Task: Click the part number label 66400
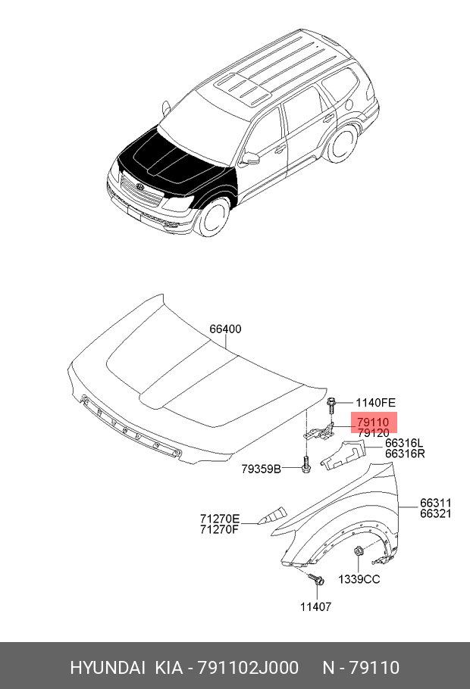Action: click(225, 329)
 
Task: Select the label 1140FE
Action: click(375, 403)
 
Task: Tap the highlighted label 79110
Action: click(373, 422)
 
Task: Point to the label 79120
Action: click(373, 433)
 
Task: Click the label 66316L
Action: click(404, 443)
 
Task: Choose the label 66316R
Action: click(405, 454)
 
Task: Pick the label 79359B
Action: click(261, 469)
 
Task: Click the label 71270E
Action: click(220, 519)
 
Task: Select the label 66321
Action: click(435, 513)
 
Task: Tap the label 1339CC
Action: click(359, 579)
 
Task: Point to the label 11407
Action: click(315, 606)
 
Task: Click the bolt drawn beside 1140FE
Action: click(331, 405)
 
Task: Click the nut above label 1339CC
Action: click(359, 550)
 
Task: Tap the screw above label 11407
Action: click(316, 579)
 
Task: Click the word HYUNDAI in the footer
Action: click(108, 668)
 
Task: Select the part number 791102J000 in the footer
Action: click(248, 668)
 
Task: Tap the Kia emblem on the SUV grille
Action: click(140, 188)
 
